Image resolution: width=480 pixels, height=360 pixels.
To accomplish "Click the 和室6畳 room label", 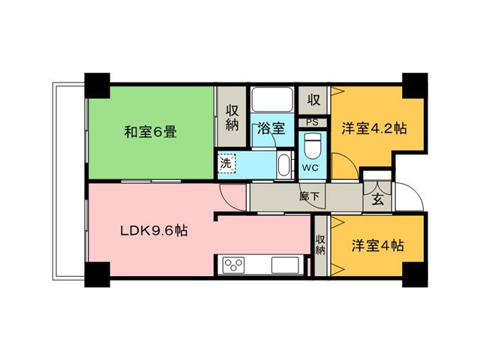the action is [x=150, y=132].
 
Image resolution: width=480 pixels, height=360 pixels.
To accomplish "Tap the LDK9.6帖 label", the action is [x=154, y=230].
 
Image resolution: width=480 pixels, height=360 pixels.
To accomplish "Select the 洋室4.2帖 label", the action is [x=374, y=128].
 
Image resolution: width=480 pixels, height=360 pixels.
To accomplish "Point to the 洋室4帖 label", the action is [x=377, y=245].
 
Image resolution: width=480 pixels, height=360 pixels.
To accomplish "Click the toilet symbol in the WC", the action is [x=312, y=147].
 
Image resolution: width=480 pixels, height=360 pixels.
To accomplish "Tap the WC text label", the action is [x=310, y=167].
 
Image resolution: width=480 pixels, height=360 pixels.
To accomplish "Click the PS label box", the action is [x=312, y=122].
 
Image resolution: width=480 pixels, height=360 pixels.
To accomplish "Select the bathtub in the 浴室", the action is [x=271, y=100].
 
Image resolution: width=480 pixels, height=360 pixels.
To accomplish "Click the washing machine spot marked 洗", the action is [x=226, y=163].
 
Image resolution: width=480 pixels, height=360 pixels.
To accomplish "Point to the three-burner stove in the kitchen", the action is [x=233, y=265].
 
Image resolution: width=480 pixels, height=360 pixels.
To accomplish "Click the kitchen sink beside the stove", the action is [x=285, y=265].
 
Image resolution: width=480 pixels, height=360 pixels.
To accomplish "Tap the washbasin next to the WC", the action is [x=283, y=165].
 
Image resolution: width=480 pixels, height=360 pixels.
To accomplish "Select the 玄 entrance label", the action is [x=378, y=199].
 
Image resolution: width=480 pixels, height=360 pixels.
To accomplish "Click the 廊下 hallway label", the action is [x=309, y=196].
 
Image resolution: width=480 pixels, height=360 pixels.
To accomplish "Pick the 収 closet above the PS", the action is [x=313, y=100].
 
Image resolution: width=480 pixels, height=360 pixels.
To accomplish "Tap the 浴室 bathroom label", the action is [x=271, y=127].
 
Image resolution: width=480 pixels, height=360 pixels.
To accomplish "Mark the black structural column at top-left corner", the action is [x=97, y=85].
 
